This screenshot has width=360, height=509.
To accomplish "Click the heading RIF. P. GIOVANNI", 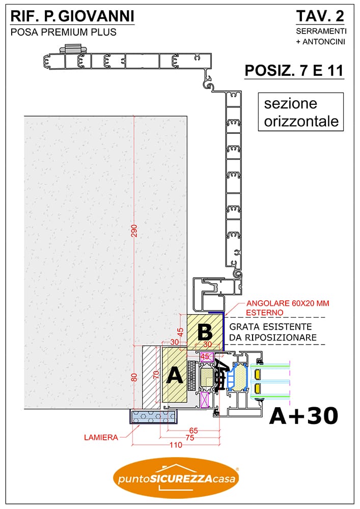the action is coord(72,16).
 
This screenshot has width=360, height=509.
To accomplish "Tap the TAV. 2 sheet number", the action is coord(320,16).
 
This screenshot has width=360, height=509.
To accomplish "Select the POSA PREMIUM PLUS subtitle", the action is coord(64,32).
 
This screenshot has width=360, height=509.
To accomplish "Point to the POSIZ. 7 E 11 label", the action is coord(294,70).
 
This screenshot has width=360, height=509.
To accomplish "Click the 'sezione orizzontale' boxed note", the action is coord(301,112).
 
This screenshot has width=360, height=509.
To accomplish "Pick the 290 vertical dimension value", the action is coord(134,231).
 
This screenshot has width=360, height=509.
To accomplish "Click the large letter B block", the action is coord(205,332).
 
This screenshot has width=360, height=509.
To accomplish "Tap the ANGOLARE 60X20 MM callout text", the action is coord(288,303).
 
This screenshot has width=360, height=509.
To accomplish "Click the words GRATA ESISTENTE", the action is coord(270,327).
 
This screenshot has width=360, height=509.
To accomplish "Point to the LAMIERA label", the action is coord(101,437).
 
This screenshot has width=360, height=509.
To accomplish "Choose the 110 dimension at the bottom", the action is coord(176,445).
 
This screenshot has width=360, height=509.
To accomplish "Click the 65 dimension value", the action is coord(193,431).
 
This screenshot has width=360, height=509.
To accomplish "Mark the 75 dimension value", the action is coord(189,438).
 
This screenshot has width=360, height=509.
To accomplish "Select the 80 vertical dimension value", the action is coord(134,377).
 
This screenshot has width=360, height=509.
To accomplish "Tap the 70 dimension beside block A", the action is coord(156,375).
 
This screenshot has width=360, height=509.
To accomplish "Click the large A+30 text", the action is coord(304,416).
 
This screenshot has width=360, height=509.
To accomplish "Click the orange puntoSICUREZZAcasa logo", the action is coord(176,477).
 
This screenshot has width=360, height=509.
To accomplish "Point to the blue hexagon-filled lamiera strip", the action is coord(154,416).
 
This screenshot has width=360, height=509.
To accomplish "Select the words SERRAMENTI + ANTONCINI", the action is coord(321,36).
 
